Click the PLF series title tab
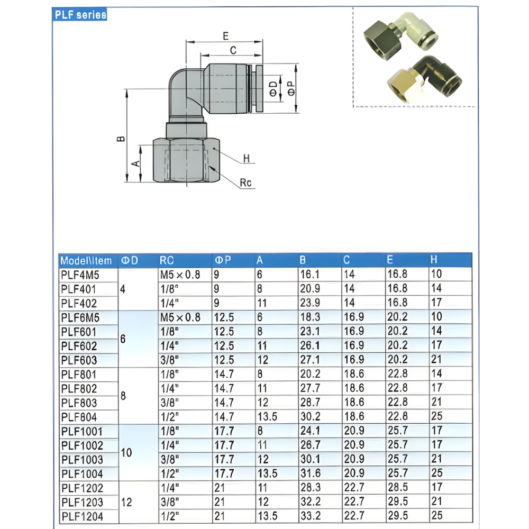(80, 15)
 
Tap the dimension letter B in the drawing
(121, 139)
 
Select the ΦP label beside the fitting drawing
(291, 88)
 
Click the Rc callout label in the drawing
(245, 183)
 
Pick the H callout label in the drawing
(246, 159)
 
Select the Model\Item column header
(86, 260)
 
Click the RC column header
(167, 260)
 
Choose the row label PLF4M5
(80, 275)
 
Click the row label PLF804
(79, 417)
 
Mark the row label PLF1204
(82, 516)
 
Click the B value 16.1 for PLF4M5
(309, 275)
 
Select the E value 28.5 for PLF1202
(397, 487)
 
